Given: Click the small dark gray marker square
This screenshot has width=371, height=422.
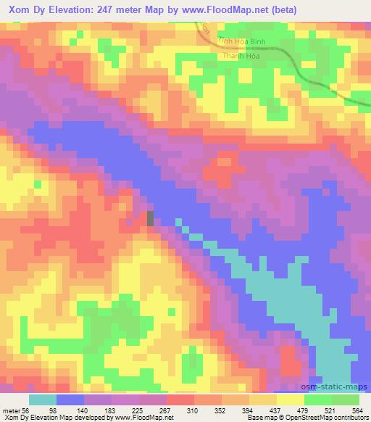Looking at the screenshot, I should (151, 218).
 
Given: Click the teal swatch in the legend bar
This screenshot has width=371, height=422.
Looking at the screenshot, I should (43, 399).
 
